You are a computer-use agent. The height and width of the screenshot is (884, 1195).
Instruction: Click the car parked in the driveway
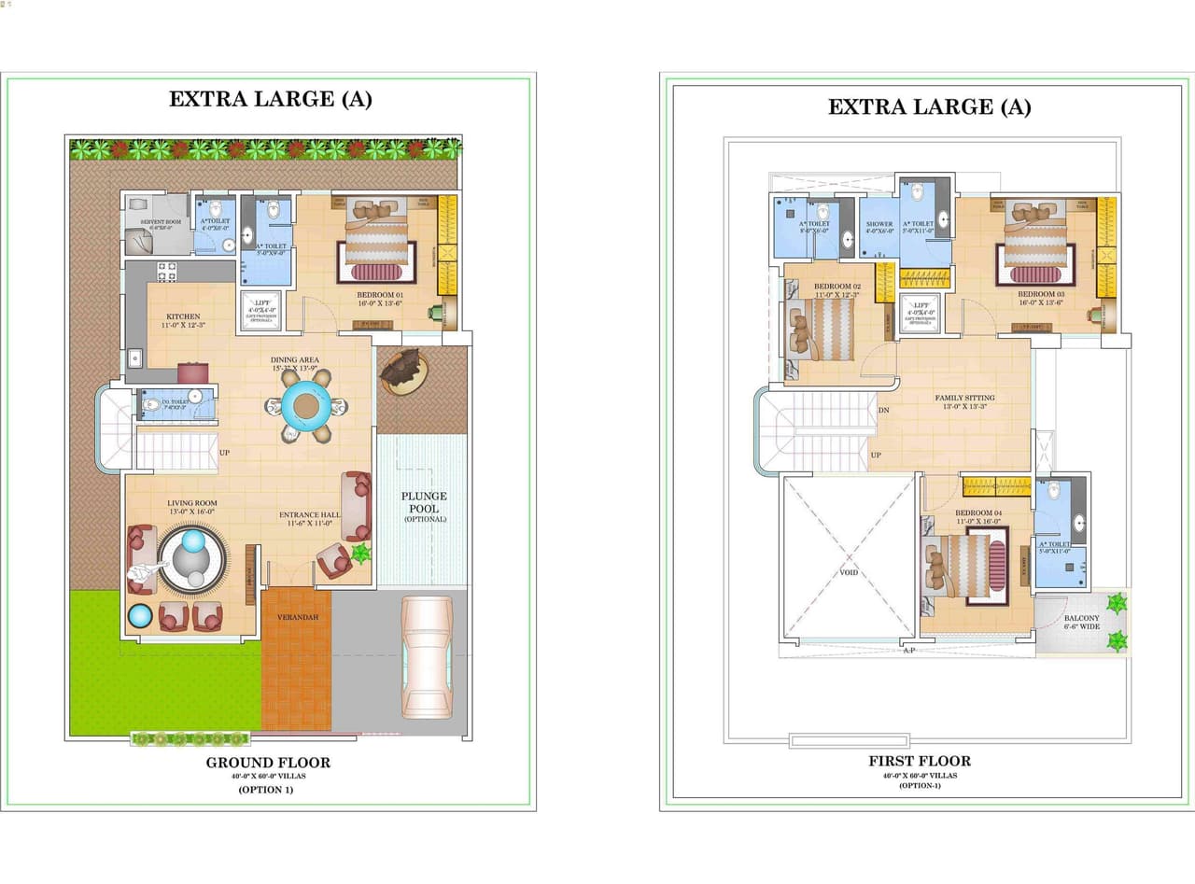pyautogui.click(x=427, y=657)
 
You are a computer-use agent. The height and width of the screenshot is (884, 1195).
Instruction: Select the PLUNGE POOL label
pyautogui.click(x=424, y=502)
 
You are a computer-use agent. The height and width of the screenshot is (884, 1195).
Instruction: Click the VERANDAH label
pyautogui.click(x=296, y=618)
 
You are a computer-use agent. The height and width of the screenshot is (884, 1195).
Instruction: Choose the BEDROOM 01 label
pyautogui.click(x=379, y=295)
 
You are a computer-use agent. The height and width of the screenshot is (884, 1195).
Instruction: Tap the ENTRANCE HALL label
pyautogui.click(x=309, y=514)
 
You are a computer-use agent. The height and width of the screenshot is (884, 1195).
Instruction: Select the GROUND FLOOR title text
pyautogui.click(x=268, y=762)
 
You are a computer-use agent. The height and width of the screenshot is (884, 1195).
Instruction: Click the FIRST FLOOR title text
pyautogui.click(x=920, y=761)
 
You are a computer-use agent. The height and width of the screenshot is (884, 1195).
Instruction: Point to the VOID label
pyautogui.click(x=848, y=572)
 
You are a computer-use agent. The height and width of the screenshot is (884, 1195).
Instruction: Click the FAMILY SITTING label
pyautogui.click(x=964, y=398)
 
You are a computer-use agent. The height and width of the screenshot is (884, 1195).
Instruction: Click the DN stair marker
pyautogui.click(x=883, y=410)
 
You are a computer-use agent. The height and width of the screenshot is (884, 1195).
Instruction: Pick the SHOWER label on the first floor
pyautogui.click(x=879, y=224)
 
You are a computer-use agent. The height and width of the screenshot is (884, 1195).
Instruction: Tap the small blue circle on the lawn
pyautogui.click(x=139, y=615)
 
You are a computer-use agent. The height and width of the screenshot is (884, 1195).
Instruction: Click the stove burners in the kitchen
pyautogui.click(x=166, y=272)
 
